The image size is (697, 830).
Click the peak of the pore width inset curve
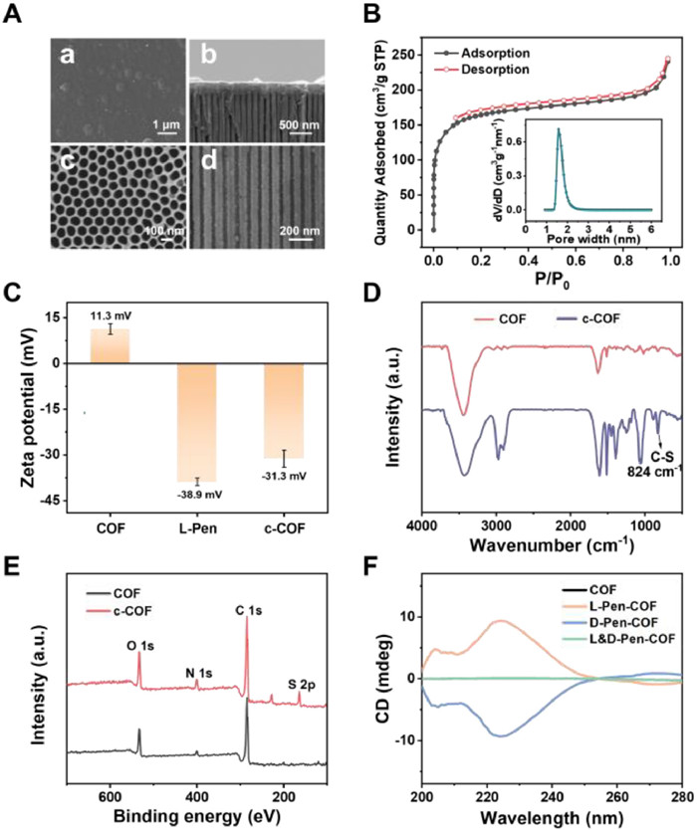coord(559,129)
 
